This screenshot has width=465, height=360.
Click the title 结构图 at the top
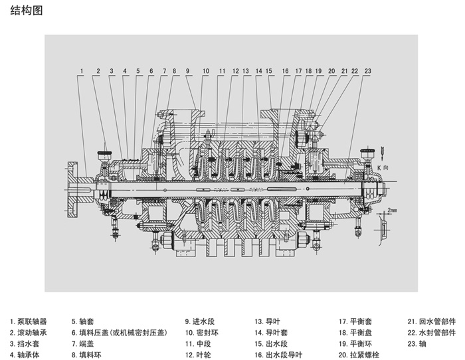(27, 12)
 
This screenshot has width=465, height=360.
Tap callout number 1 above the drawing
(81, 71)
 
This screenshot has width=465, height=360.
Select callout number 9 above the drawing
(188, 71)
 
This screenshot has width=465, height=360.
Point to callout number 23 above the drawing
(367, 71)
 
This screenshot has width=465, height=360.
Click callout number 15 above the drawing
(269, 71)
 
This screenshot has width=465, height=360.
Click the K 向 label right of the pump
(383, 168)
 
